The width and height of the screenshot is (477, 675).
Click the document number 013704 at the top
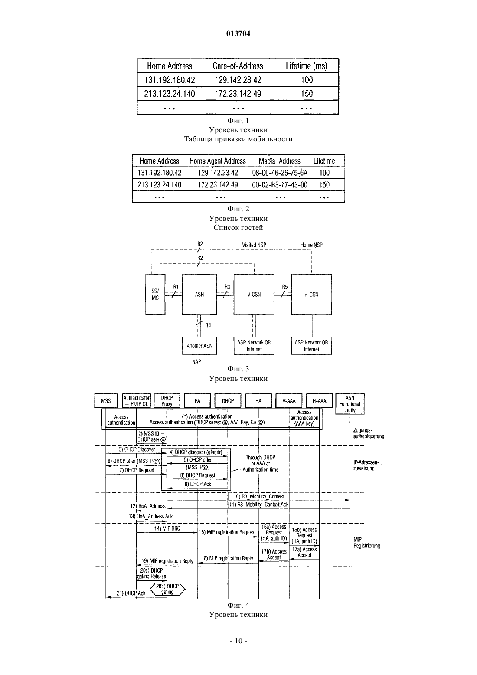click(238, 33)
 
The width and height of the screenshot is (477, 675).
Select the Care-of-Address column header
click(238, 66)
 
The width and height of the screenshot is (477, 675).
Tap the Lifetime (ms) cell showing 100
click(307, 80)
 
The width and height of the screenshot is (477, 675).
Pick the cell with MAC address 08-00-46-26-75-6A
click(280, 173)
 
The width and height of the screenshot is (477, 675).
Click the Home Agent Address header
click(218, 161)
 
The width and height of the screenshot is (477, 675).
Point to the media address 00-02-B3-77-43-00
click(280, 185)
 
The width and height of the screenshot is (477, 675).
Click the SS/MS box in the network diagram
click(155, 294)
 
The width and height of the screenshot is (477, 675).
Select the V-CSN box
click(254, 294)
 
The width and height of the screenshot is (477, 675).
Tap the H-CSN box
click(311, 294)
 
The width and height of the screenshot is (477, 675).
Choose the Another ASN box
click(199, 346)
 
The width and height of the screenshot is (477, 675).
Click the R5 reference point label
click(285, 287)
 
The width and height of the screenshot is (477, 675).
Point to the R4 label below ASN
click(208, 325)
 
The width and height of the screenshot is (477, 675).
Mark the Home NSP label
click(311, 245)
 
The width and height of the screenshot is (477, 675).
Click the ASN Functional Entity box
click(350, 404)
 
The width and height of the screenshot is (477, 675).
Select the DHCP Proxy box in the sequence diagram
click(167, 401)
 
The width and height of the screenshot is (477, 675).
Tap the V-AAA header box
click(289, 401)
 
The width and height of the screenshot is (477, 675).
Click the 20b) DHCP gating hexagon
click(167, 589)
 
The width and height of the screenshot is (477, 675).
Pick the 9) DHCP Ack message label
click(198, 484)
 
